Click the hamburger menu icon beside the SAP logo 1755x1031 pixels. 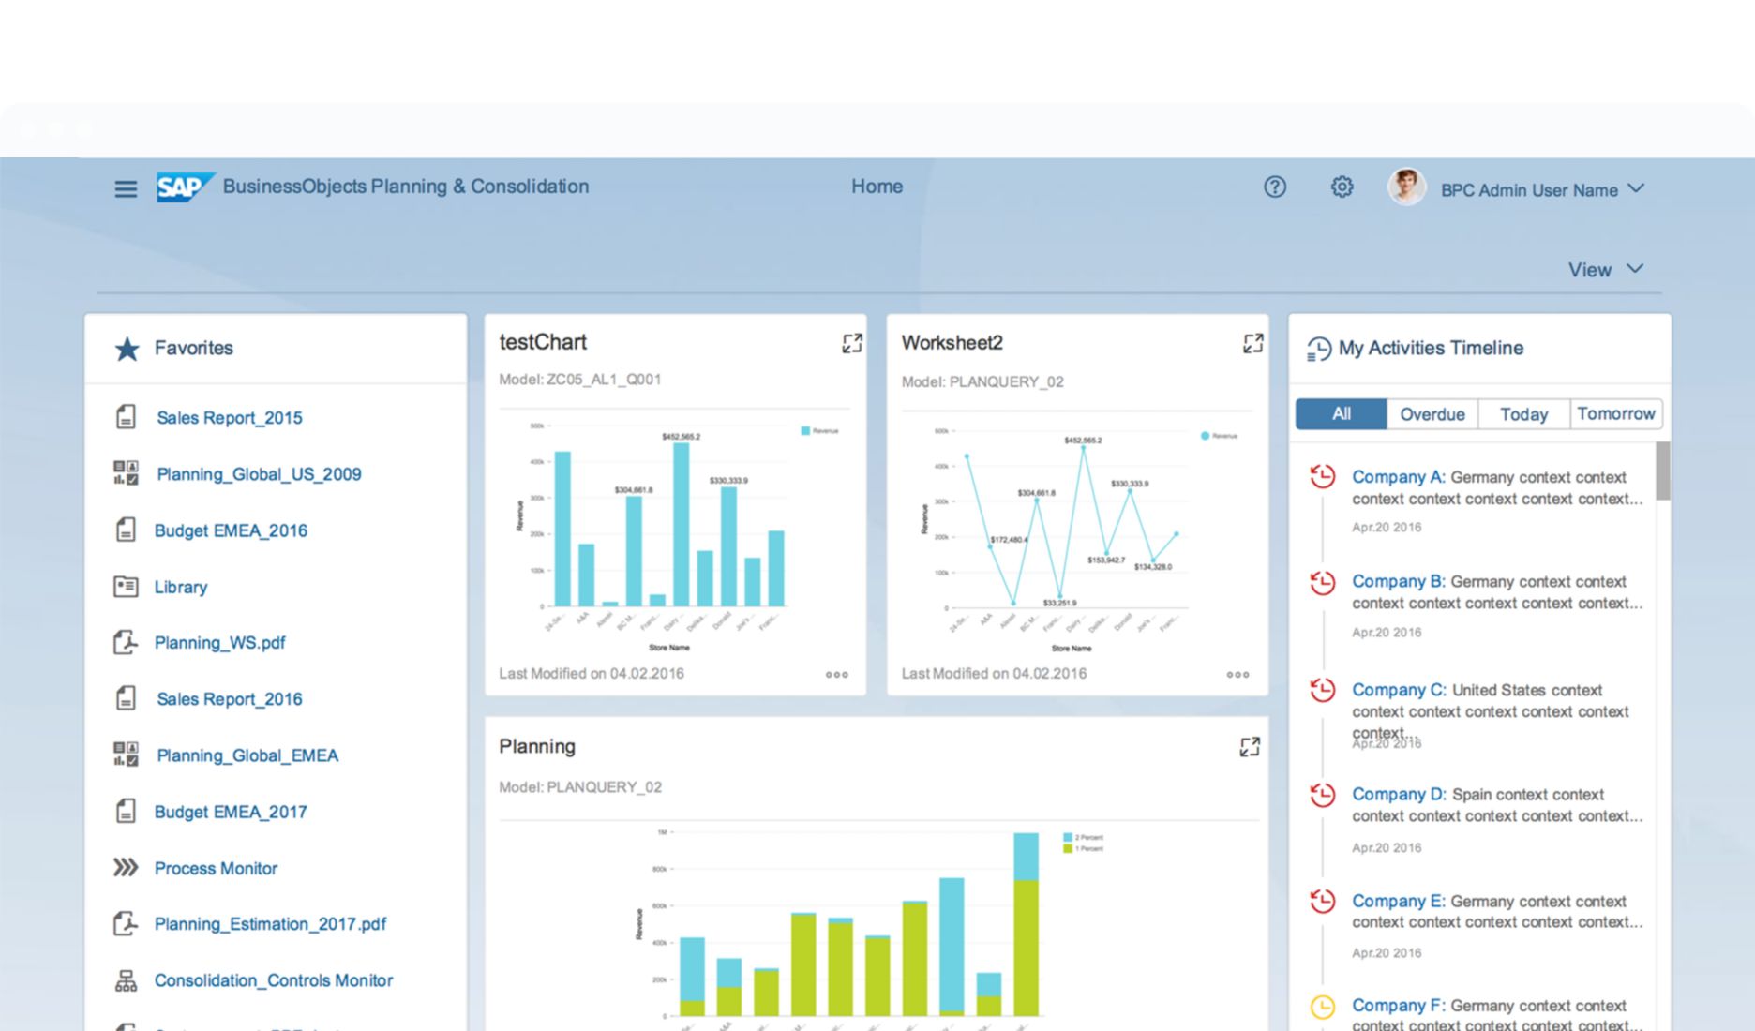coord(126,188)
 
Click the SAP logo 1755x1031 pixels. coord(185,187)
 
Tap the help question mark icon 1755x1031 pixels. coord(1274,187)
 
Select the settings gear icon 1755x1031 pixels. coord(1342,187)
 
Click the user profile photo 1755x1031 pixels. coord(1405,187)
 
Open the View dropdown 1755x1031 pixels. coord(1605,270)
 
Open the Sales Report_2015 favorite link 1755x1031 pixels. coord(229,418)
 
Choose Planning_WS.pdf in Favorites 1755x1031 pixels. coord(219,643)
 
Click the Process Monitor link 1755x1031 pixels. coord(216,869)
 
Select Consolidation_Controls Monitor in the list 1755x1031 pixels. coord(273,980)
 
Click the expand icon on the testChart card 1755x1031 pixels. coord(851,344)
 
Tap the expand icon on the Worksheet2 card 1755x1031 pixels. coord(1252,344)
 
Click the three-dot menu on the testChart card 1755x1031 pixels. coord(836,675)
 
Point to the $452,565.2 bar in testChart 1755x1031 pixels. coord(682,525)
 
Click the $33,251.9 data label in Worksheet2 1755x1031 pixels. coord(1059,603)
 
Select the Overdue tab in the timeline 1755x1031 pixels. coord(1432,414)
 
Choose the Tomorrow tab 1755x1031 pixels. coord(1615,414)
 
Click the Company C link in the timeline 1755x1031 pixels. coord(1398,690)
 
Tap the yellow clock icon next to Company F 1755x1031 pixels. coord(1322,1007)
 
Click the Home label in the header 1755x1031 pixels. coord(877,187)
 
